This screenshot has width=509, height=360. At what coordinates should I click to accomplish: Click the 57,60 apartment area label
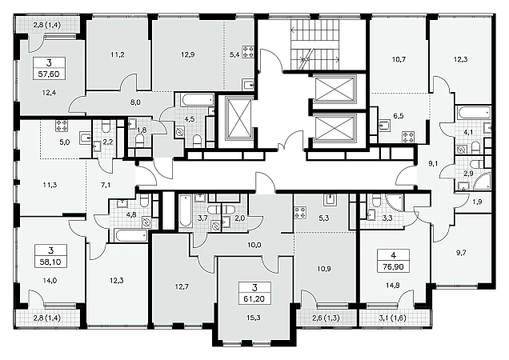tap(49, 74)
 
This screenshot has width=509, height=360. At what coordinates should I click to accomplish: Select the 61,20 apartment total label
tap(254, 298)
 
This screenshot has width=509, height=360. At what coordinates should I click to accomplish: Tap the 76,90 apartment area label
tap(394, 266)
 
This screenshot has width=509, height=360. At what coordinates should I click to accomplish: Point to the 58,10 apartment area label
tap(50, 262)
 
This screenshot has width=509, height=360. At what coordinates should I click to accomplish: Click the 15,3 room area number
tap(254, 318)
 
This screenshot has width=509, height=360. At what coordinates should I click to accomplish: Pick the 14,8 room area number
tap(393, 286)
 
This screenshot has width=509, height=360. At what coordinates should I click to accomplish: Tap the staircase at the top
tap(315, 45)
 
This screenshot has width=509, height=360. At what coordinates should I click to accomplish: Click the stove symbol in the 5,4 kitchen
tap(247, 52)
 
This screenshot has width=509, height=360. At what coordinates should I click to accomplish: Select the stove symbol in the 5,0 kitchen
tap(62, 126)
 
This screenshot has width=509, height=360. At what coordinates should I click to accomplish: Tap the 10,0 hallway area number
tap(254, 245)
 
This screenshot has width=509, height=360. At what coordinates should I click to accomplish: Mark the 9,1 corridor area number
tap(433, 164)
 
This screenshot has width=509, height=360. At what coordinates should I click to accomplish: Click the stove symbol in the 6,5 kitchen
tap(407, 137)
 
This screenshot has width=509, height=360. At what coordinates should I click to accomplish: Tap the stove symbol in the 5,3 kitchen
tap(299, 213)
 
